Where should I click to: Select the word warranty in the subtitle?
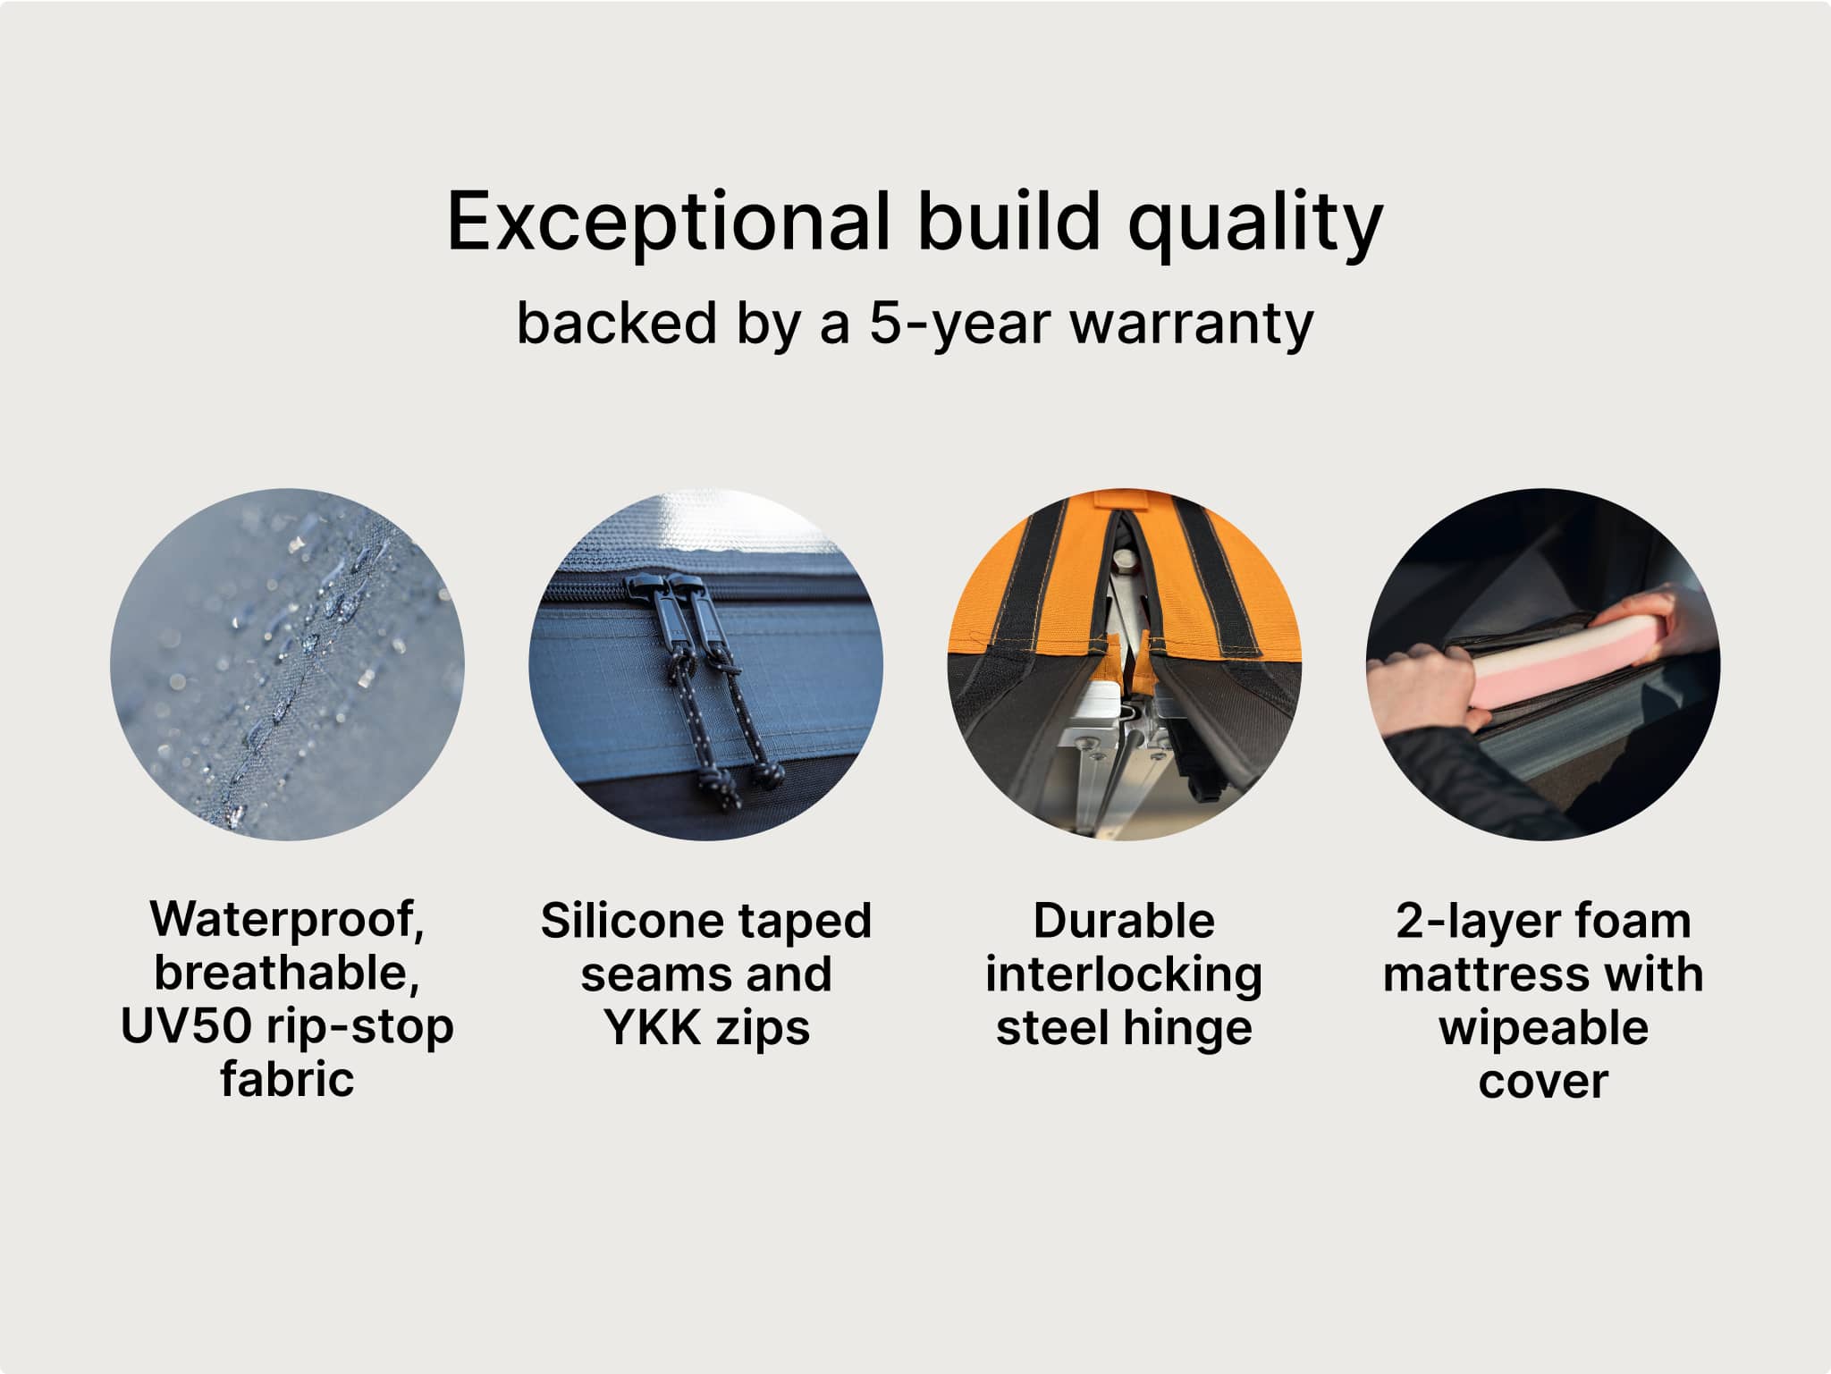click(1192, 324)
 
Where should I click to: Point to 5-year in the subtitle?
click(960, 324)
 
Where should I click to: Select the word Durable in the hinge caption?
click(1124, 921)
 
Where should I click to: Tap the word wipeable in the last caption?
click(1543, 1028)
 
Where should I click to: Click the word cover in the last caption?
click(1543, 1081)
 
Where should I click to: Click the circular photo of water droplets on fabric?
click(287, 664)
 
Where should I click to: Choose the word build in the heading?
click(1008, 220)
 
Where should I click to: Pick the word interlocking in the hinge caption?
click(1124, 974)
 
